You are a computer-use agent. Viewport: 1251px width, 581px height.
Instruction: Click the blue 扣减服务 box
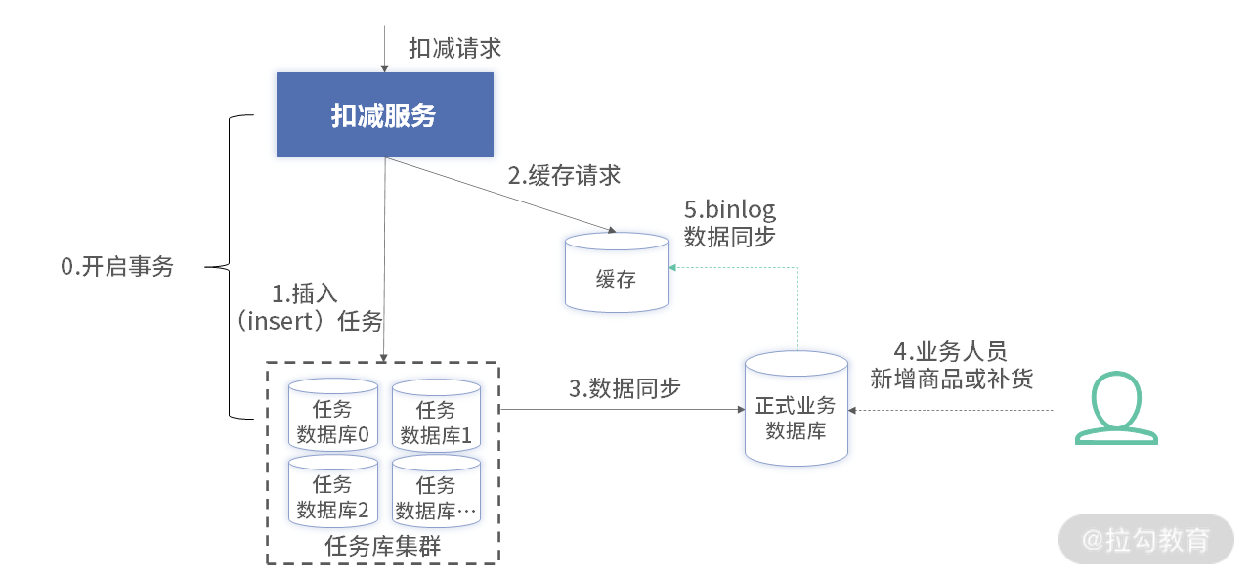point(385,114)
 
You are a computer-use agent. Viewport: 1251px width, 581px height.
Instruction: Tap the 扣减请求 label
point(454,48)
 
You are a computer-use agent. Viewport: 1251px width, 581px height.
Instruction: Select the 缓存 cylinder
point(617,272)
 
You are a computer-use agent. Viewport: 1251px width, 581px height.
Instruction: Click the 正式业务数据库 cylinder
point(797,409)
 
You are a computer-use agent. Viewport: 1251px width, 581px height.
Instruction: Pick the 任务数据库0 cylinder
point(333,415)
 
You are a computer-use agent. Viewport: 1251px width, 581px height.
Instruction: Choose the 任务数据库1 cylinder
point(436,415)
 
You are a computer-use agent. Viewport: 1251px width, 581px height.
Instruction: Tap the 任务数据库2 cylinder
point(333,490)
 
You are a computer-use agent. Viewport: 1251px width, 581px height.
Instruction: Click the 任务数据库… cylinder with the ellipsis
point(436,491)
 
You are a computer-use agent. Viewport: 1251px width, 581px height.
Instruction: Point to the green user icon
point(1116,408)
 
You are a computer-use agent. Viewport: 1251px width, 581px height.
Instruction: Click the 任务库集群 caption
point(382,546)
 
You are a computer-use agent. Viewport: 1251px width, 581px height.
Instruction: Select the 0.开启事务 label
point(117,266)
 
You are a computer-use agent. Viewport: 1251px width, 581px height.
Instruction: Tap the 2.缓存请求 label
point(564,175)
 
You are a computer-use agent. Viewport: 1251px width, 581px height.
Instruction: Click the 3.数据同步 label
point(625,388)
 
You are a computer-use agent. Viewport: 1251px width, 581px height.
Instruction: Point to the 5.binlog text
point(730,210)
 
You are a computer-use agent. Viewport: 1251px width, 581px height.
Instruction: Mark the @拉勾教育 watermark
point(1146,540)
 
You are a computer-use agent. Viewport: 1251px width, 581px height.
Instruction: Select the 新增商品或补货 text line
point(952,379)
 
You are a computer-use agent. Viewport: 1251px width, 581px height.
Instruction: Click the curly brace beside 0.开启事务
point(230,267)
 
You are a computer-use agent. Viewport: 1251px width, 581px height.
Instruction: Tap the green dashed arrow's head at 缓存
point(672,268)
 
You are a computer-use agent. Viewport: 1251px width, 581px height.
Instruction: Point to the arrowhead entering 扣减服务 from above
point(384,68)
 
